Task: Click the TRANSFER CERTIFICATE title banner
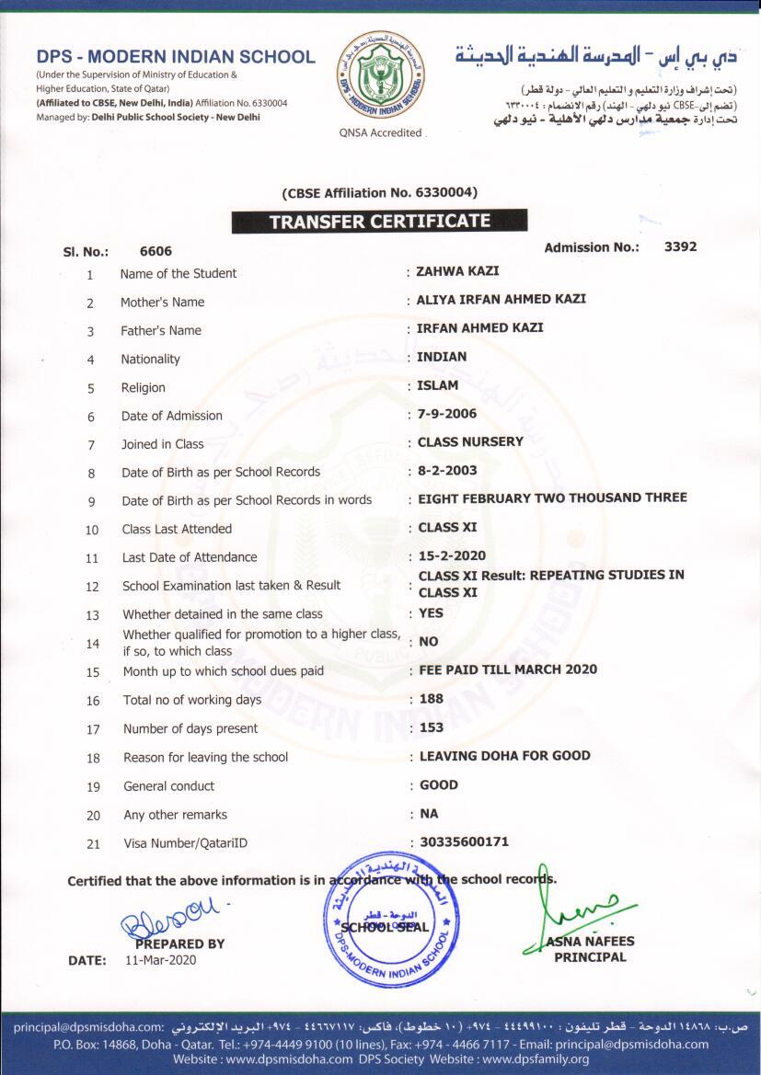[x=379, y=222]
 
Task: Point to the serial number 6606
[x=156, y=251]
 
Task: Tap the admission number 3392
[x=680, y=246]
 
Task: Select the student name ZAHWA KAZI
[x=457, y=271]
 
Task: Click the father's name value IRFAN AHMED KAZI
[x=480, y=327]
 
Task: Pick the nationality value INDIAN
[x=442, y=356]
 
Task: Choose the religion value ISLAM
[x=437, y=385]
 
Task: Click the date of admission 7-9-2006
[x=447, y=414]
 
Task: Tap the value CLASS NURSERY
[x=470, y=441]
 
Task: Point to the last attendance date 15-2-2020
[x=452, y=556]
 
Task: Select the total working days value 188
[x=432, y=698]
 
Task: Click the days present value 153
[x=432, y=727]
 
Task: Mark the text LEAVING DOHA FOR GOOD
[x=504, y=756]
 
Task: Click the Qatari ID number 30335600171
[x=464, y=841]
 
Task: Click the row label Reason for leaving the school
[x=205, y=757]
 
